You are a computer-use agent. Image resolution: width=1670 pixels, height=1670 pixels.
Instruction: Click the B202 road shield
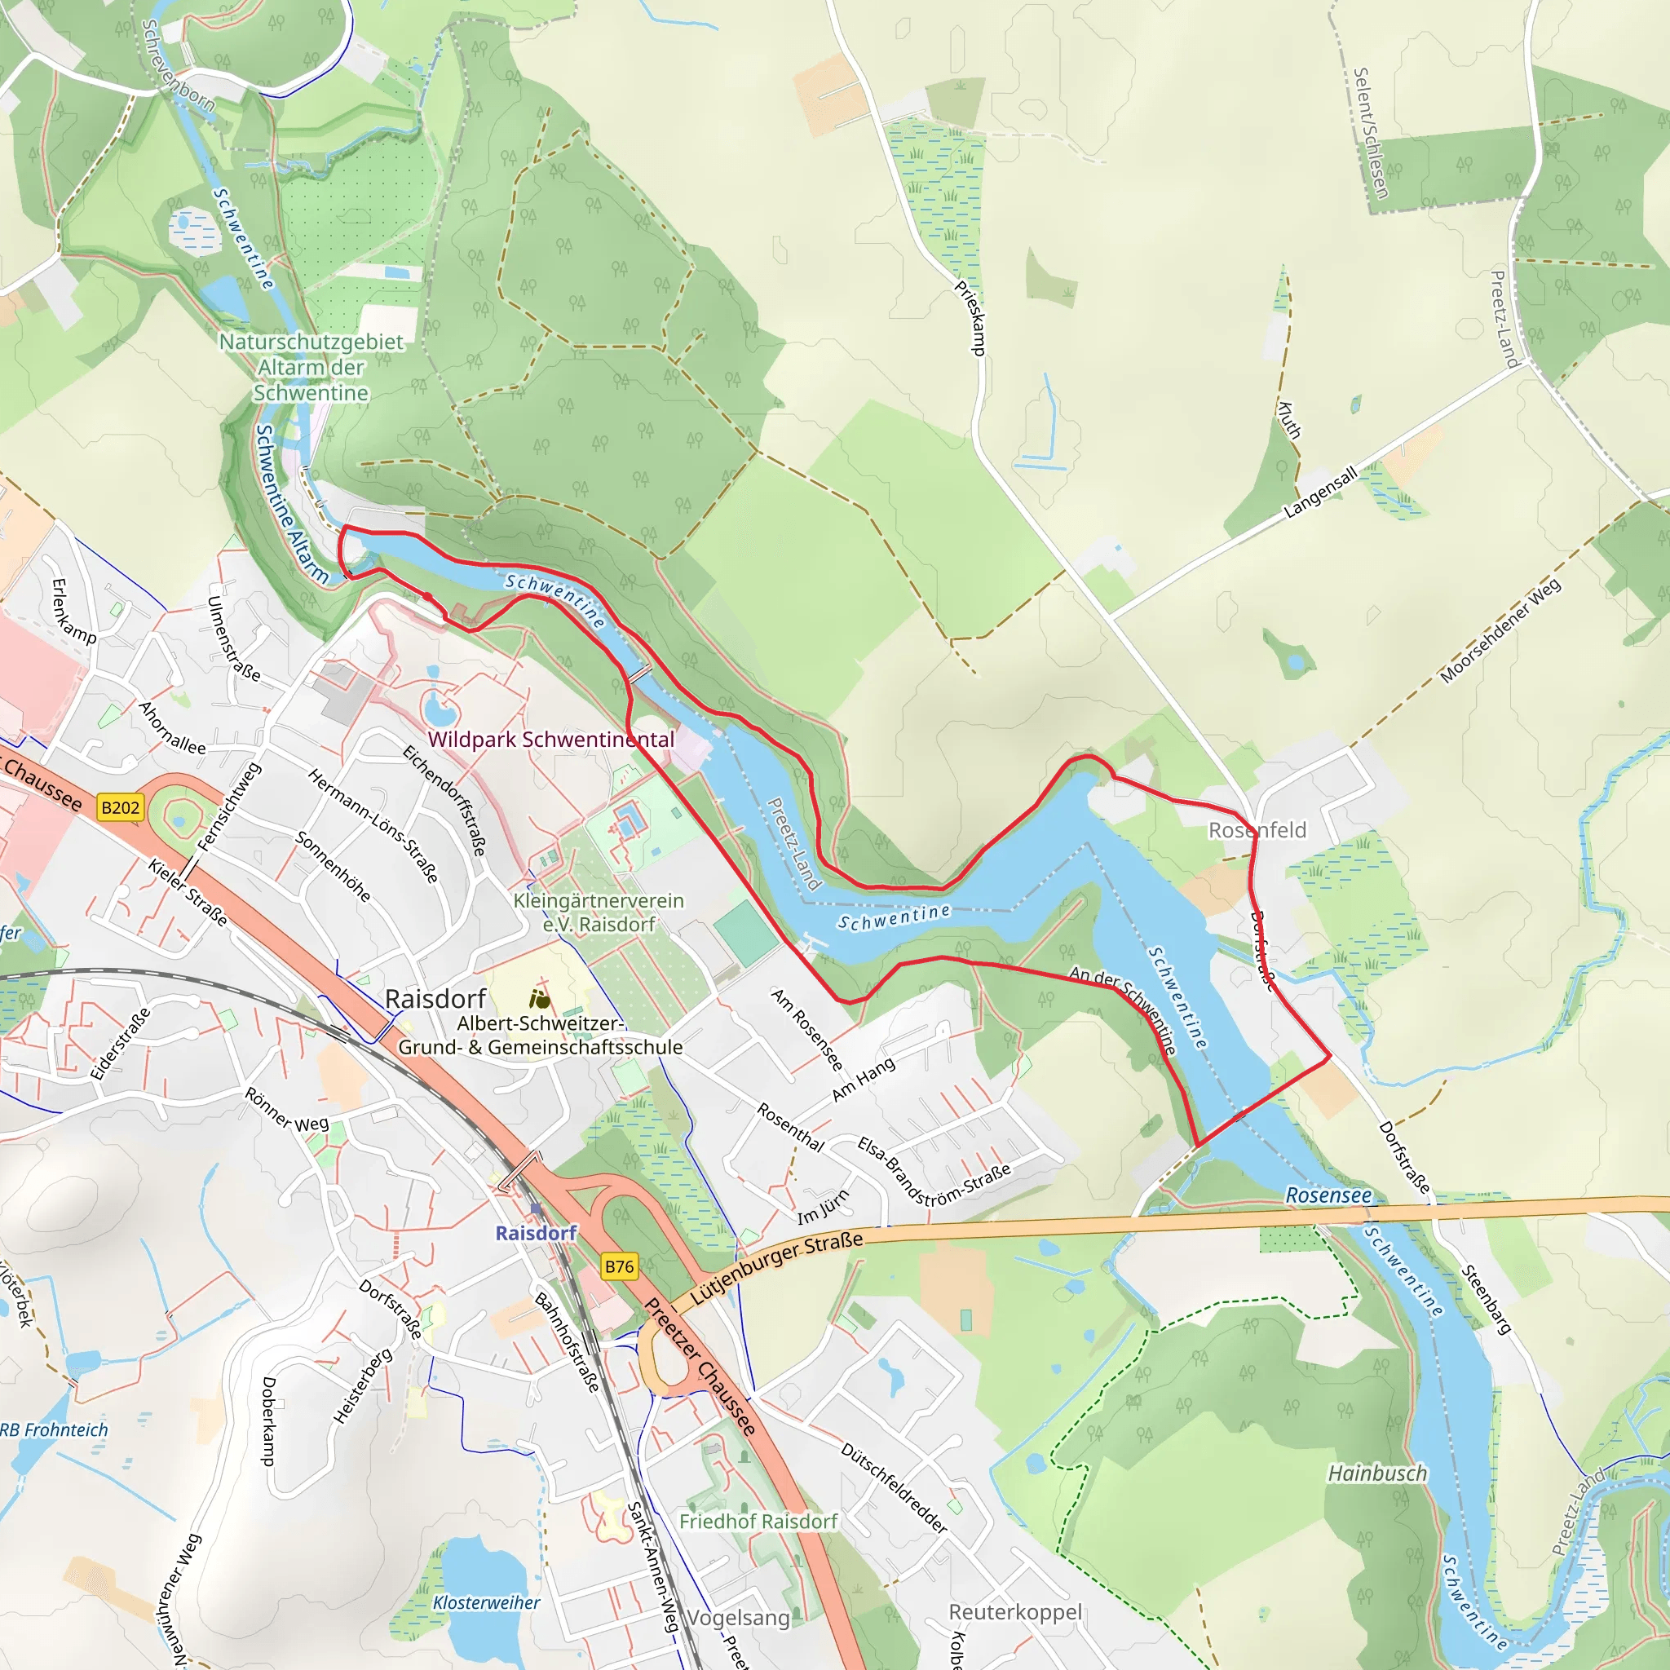(120, 807)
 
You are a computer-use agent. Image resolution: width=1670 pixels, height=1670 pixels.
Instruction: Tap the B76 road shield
(619, 1267)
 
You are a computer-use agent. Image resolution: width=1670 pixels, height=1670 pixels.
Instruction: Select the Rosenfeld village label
(1257, 830)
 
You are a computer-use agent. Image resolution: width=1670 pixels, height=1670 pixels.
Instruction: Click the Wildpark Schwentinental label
(550, 739)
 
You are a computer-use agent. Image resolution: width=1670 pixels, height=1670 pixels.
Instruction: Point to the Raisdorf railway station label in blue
(535, 1233)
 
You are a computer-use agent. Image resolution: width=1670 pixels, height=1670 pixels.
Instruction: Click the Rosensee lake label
(1328, 1195)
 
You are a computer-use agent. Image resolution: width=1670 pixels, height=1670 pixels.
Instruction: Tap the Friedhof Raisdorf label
(758, 1522)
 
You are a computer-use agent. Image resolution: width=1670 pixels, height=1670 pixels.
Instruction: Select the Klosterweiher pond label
(486, 1602)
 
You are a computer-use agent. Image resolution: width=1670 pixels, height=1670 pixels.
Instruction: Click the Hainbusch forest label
(1377, 1473)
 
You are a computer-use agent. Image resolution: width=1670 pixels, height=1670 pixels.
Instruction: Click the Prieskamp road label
(970, 317)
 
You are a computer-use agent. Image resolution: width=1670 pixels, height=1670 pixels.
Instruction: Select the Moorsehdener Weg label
(1500, 631)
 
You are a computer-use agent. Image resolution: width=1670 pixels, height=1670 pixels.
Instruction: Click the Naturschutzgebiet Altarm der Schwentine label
(311, 368)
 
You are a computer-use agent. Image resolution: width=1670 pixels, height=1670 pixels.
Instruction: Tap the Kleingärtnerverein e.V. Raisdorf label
(599, 912)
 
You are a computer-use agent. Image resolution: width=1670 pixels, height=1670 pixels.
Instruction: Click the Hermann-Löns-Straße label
(373, 825)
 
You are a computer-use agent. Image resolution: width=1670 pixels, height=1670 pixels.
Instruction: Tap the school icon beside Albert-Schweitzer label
(539, 1000)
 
